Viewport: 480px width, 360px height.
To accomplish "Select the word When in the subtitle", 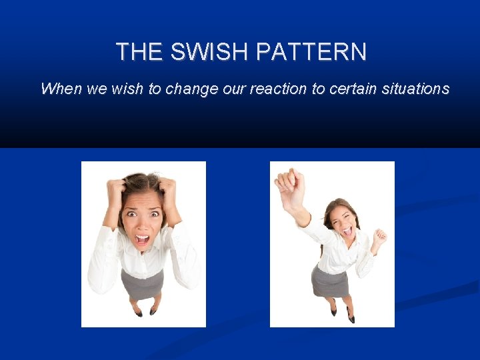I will [61, 89].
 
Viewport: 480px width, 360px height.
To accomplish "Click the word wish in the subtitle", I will [127, 89].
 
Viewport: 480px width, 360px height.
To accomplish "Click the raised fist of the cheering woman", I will [288, 181].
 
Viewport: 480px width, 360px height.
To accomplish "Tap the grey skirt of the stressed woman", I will [142, 284].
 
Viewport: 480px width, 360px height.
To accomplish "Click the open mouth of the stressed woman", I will [143, 239].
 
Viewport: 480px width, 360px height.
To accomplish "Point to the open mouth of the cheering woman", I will [347, 231].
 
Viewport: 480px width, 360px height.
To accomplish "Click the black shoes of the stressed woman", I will [145, 311].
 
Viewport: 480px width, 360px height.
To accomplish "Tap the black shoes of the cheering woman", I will [341, 314].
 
